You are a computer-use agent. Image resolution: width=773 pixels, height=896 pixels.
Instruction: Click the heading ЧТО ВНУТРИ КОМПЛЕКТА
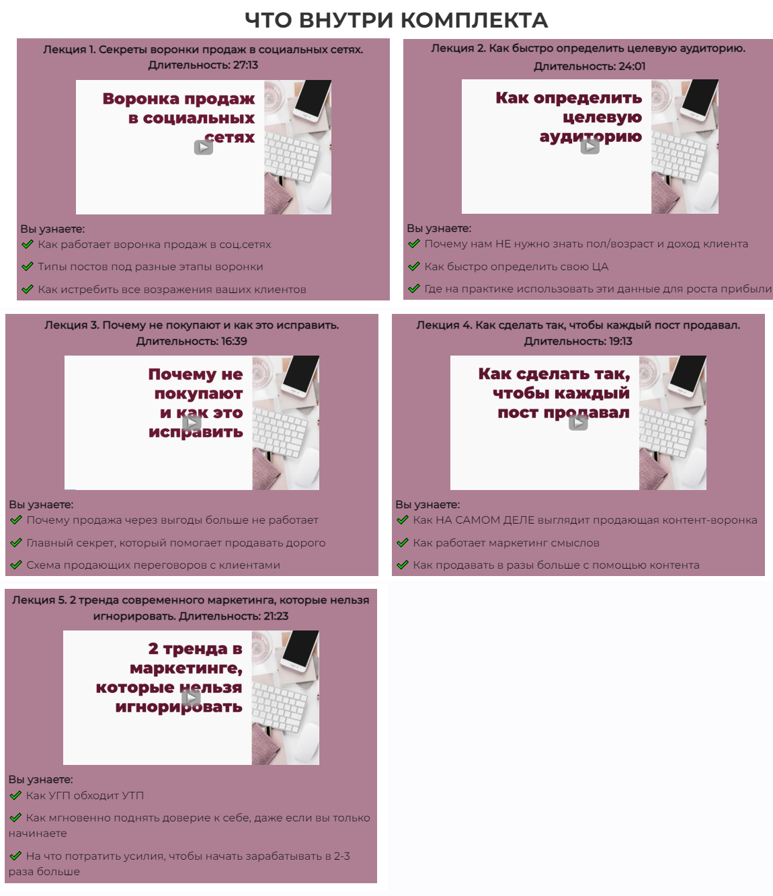click(x=396, y=20)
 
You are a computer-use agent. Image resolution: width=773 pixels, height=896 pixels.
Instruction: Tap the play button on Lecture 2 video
click(x=589, y=146)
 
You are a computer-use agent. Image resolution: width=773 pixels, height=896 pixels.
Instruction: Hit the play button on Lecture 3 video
click(x=192, y=422)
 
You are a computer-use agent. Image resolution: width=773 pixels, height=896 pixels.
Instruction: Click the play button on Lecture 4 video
click(x=578, y=422)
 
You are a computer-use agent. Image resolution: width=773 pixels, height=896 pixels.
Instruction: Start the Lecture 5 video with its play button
click(x=192, y=698)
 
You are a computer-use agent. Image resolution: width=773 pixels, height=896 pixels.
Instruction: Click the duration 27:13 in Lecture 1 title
click(x=245, y=65)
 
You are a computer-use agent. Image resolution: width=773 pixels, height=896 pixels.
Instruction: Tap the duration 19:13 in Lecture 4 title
click(x=620, y=341)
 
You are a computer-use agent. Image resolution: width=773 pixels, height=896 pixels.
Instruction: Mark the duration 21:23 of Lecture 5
click(x=276, y=616)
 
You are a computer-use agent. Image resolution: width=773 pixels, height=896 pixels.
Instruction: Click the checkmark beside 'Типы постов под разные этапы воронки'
click(x=28, y=266)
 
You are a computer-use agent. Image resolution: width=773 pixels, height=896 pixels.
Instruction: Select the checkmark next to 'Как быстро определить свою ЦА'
click(x=414, y=266)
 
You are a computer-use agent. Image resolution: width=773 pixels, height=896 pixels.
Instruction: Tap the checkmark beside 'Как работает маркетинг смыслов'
click(x=403, y=542)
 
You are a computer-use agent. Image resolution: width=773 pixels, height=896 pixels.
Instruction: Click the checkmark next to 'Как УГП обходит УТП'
click(x=15, y=795)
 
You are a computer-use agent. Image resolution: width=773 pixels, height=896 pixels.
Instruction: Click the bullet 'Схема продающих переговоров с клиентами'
click(x=153, y=565)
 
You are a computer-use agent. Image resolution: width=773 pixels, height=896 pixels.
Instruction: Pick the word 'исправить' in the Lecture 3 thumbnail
click(x=196, y=432)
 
